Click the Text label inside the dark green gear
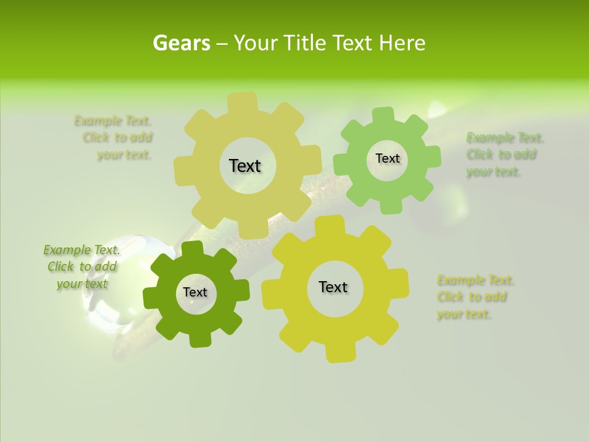tap(195, 292)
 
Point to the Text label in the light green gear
tap(387, 158)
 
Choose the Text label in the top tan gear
tap(245, 166)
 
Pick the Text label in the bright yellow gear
tap(333, 287)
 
